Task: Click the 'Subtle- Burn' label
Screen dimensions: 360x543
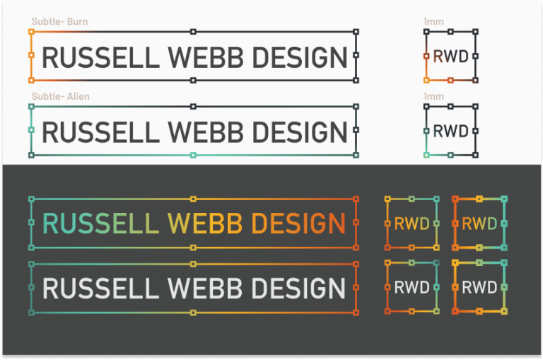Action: [x=59, y=22]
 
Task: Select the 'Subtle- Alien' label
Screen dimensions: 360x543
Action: [x=61, y=96]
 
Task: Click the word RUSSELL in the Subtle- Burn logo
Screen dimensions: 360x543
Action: [x=98, y=57]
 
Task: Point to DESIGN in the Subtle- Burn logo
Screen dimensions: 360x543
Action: [x=300, y=57]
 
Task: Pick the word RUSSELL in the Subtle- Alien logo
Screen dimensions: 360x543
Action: [x=98, y=132]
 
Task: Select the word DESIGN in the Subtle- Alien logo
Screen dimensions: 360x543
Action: [x=300, y=132]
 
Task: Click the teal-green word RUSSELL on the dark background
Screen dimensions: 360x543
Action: [x=100, y=223]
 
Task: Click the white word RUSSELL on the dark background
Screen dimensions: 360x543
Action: [x=100, y=289]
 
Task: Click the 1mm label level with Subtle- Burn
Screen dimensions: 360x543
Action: [x=433, y=22]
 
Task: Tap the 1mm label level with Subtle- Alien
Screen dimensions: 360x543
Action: [x=433, y=96]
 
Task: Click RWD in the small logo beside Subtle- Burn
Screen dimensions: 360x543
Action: [x=450, y=57]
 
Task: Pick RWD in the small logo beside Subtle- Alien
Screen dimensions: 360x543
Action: [x=450, y=131]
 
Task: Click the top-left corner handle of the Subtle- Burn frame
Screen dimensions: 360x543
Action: [x=31, y=32]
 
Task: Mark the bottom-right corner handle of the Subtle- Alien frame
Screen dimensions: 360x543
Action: [x=356, y=155]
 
